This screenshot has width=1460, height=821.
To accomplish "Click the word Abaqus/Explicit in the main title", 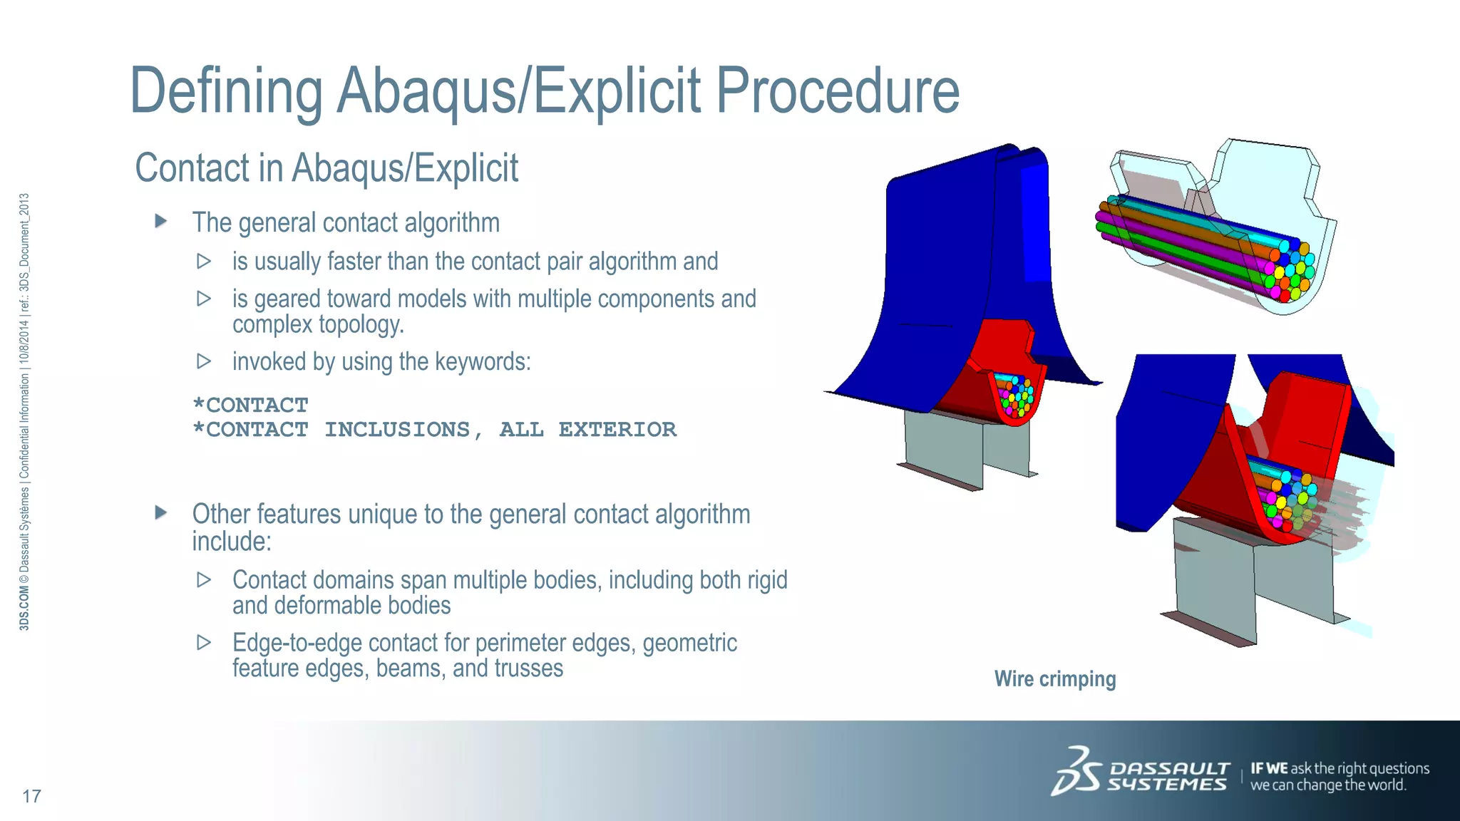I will pyautogui.click(x=518, y=91).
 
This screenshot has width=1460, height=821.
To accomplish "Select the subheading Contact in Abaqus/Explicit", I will pyautogui.click(x=327, y=168).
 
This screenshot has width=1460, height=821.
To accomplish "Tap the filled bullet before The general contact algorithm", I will pyautogui.click(x=161, y=222).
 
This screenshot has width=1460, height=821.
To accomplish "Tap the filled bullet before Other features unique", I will pyautogui.click(x=161, y=512).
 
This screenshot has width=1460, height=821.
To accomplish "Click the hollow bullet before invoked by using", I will pyautogui.click(x=204, y=361).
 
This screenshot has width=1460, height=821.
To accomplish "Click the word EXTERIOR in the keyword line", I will pyautogui.click(x=617, y=430).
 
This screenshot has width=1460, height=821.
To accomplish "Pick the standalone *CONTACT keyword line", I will pyautogui.click(x=250, y=406).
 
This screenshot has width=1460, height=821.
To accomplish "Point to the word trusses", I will pyautogui.click(x=528, y=668).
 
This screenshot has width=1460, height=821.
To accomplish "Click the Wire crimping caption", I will pyautogui.click(x=1054, y=678).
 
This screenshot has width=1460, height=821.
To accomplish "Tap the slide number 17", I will pyautogui.click(x=31, y=796).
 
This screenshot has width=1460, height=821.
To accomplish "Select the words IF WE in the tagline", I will pyautogui.click(x=1269, y=768).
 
